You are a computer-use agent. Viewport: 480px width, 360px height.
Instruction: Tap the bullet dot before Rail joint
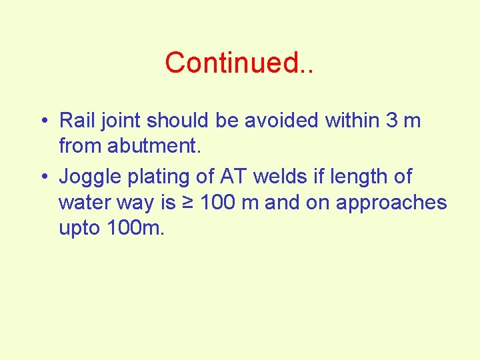[x=43, y=121]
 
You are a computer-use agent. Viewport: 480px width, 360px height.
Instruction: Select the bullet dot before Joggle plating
[x=43, y=177]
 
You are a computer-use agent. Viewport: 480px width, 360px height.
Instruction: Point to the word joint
[x=121, y=121]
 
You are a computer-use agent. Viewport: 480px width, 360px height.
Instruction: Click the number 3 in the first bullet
[x=392, y=121]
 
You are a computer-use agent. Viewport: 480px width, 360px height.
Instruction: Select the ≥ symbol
[x=187, y=201]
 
